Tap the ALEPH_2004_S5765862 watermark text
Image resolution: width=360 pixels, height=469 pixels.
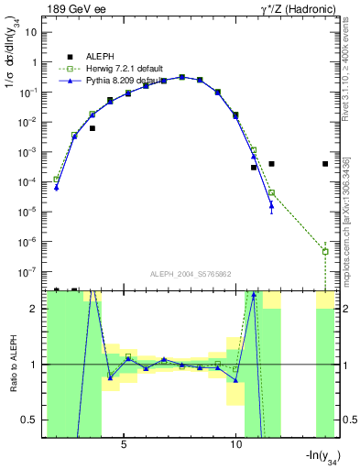191,274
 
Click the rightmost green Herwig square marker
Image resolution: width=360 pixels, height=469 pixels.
325,251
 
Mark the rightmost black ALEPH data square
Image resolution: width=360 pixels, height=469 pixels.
325,164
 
